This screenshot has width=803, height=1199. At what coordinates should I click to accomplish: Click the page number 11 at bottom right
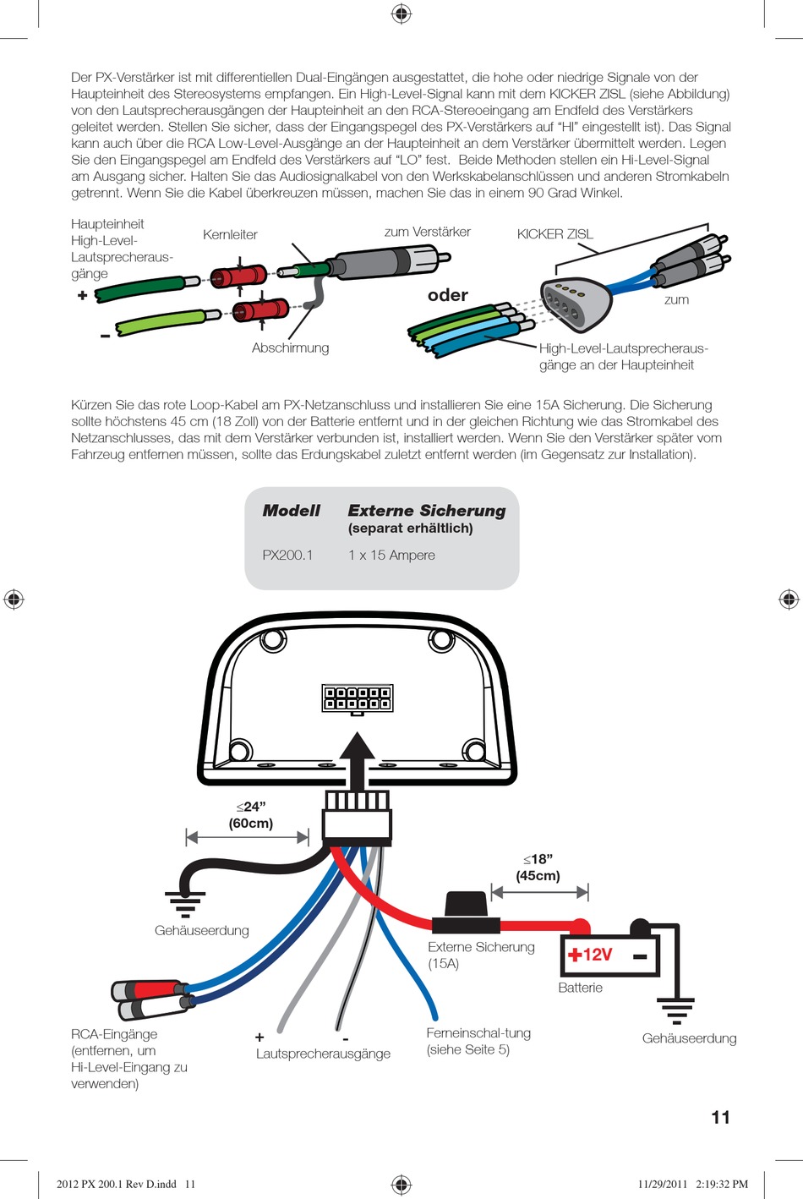coord(720,1117)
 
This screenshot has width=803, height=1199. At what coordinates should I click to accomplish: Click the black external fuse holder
coord(466,912)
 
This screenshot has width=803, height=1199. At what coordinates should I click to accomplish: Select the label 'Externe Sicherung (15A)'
coord(481,955)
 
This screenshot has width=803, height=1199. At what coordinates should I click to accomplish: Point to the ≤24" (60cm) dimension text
coord(250,815)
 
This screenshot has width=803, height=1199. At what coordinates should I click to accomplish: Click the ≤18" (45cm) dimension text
coord(538,868)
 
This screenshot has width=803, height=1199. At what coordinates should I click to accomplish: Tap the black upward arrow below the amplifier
coord(358,758)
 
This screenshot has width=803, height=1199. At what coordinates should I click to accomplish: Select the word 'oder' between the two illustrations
coord(448,295)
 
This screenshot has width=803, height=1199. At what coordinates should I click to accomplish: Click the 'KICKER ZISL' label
coord(555,234)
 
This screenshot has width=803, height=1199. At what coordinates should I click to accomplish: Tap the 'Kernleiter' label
coord(230,235)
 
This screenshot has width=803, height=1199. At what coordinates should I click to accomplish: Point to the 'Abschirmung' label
coord(290,348)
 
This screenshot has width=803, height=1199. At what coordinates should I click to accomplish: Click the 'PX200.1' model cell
coord(287,555)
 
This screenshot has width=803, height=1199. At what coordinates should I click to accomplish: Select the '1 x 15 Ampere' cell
coord(391,555)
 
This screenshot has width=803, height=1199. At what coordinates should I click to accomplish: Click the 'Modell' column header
coord(291,511)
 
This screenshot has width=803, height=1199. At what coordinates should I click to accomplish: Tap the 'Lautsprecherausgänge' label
coord(323,1054)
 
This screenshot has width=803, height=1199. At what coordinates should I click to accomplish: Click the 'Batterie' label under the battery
coord(580,988)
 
